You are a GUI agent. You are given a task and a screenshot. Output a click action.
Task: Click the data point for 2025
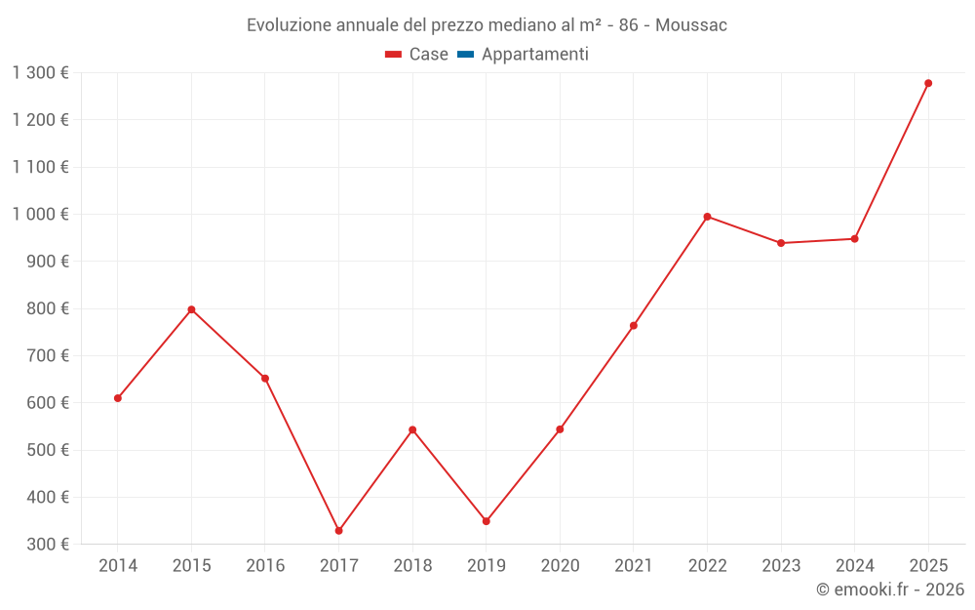point(928,83)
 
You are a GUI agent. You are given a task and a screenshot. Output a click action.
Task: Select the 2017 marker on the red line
point(339,531)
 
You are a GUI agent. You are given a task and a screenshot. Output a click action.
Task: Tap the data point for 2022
point(707,217)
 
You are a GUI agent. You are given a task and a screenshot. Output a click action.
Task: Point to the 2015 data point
point(191,309)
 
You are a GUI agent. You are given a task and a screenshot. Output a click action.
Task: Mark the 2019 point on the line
point(487,521)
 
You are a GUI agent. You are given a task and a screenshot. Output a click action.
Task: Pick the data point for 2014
point(118,398)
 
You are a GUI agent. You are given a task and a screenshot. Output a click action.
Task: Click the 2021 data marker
point(634,325)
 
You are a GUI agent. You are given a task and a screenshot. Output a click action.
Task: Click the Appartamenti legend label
point(534,55)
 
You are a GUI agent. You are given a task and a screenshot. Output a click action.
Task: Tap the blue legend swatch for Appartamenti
point(465,55)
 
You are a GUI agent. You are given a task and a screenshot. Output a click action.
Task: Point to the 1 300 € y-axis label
point(40,72)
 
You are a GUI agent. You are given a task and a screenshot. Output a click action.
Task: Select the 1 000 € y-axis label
point(40,214)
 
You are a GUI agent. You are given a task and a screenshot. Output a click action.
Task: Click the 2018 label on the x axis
point(412,565)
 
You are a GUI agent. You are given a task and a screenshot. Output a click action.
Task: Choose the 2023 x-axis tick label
point(781,565)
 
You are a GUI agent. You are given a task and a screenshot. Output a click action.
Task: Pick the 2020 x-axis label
point(560,565)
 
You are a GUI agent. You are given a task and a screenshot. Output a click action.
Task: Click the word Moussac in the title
point(691,24)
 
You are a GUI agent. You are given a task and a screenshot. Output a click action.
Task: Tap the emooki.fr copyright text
point(890,590)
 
